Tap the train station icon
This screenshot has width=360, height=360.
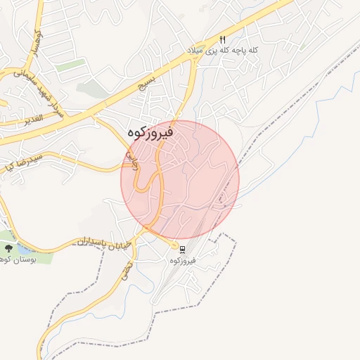coord(182,250)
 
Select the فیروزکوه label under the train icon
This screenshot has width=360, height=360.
coord(182,261)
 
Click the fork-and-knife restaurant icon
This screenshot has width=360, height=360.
coord(223,40)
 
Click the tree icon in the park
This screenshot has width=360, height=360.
coord(8,248)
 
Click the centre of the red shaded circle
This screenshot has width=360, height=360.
coord(180,179)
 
